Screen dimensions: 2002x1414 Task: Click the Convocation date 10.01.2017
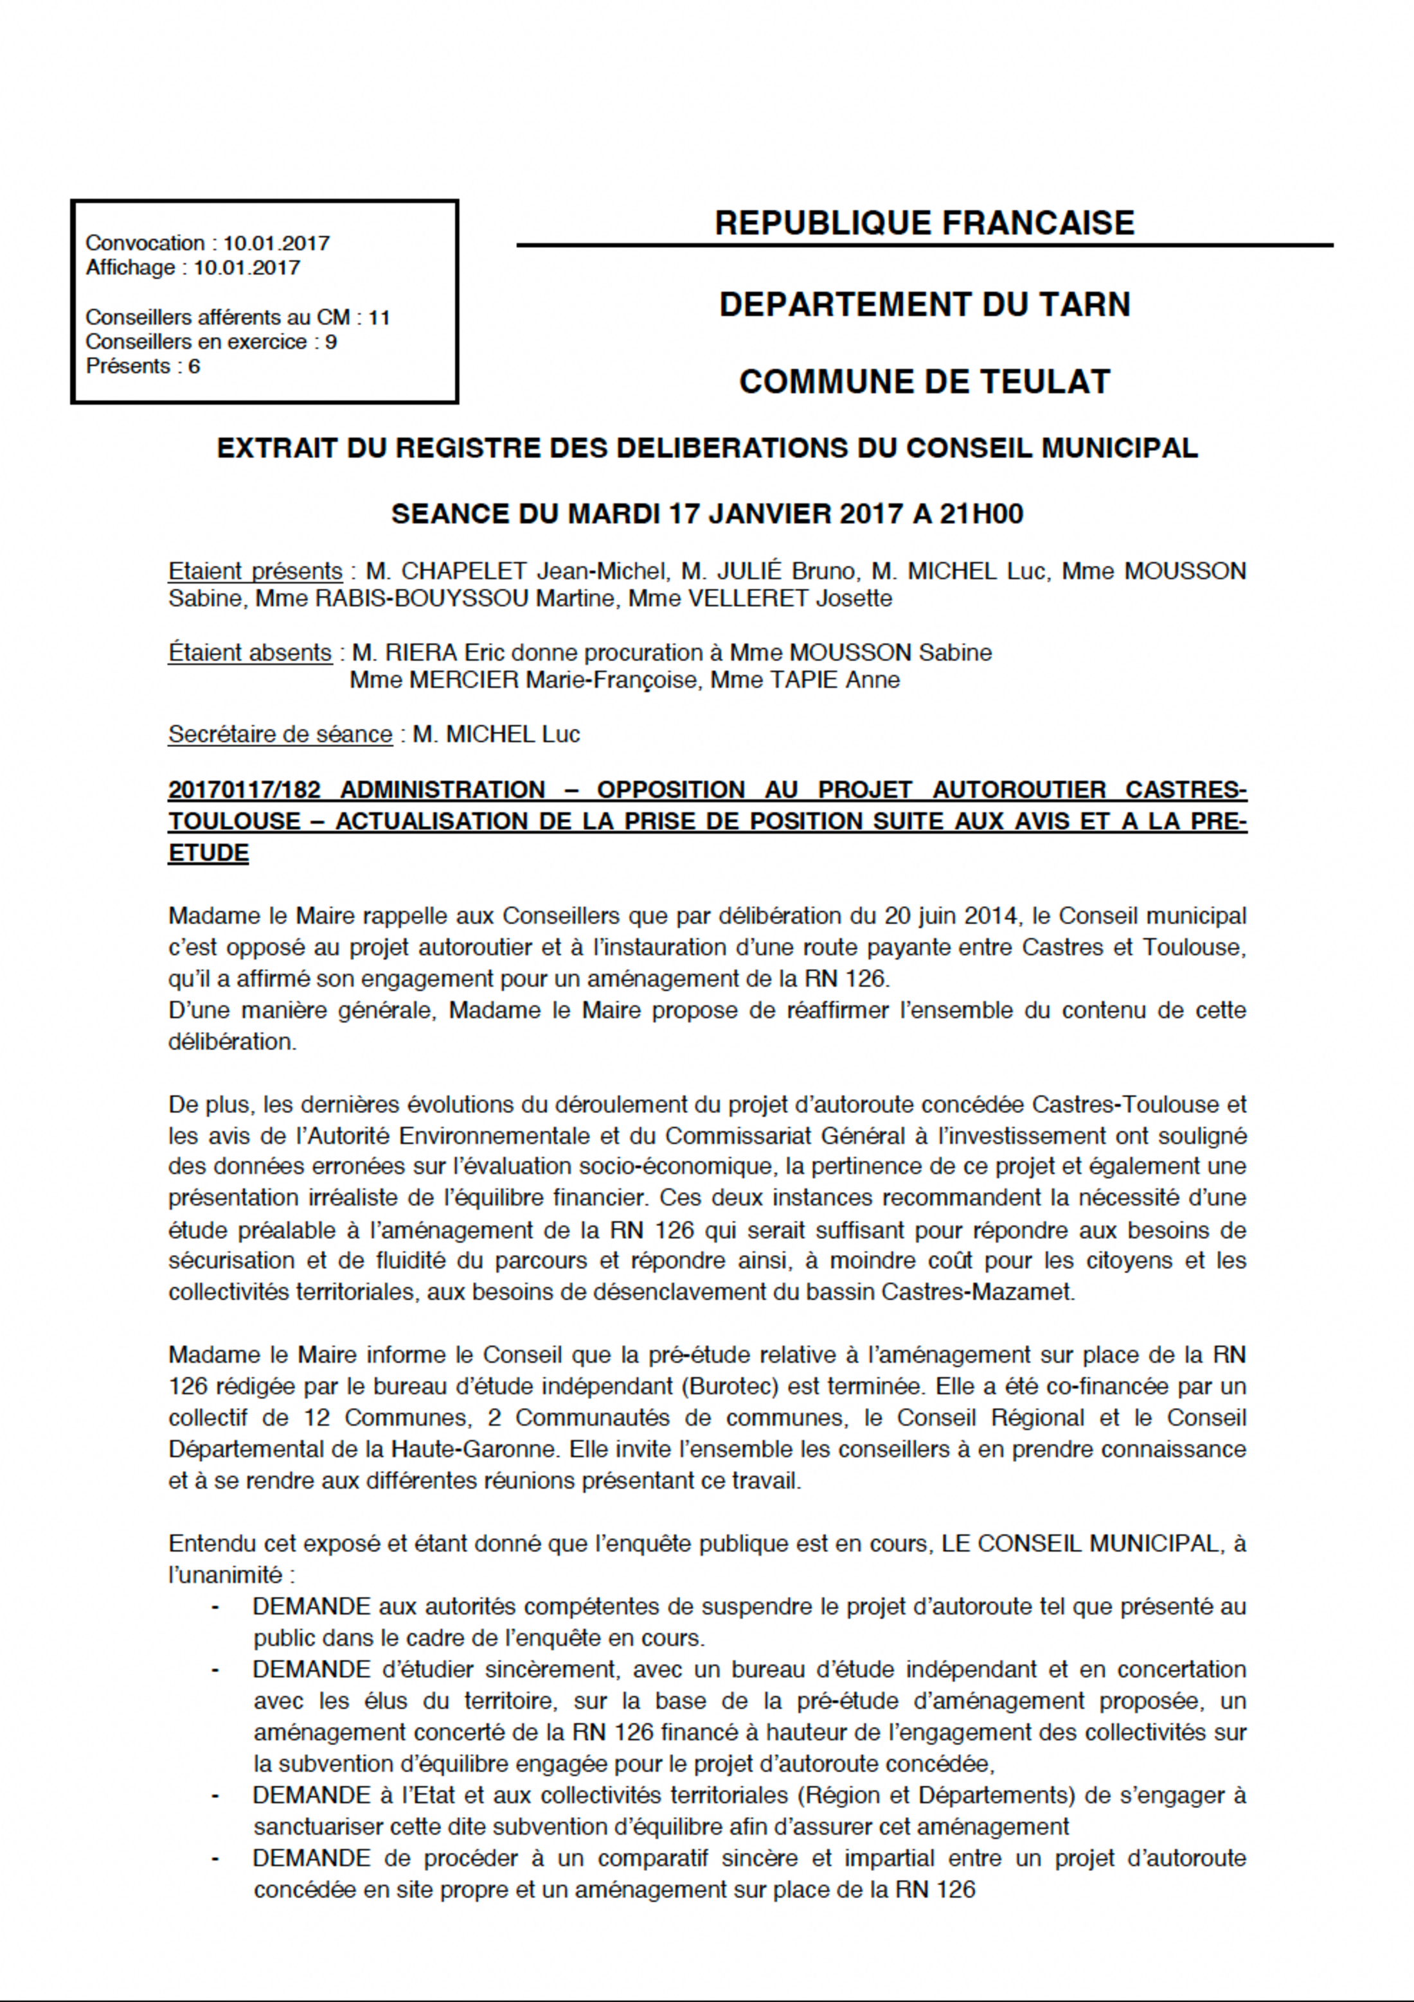276,243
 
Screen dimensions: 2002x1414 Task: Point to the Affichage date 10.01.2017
246,268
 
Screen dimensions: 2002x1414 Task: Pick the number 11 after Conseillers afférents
379,317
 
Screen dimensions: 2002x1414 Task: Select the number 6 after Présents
193,366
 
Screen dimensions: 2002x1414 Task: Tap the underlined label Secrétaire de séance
280,734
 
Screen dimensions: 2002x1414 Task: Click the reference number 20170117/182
244,790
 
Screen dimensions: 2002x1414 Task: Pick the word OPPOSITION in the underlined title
670,790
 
